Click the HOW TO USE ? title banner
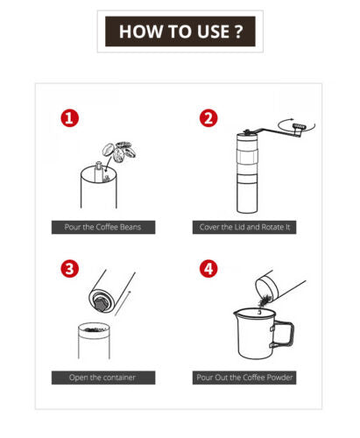point(180,32)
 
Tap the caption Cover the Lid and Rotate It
point(247,227)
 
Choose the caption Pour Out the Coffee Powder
point(247,378)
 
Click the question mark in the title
point(238,32)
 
